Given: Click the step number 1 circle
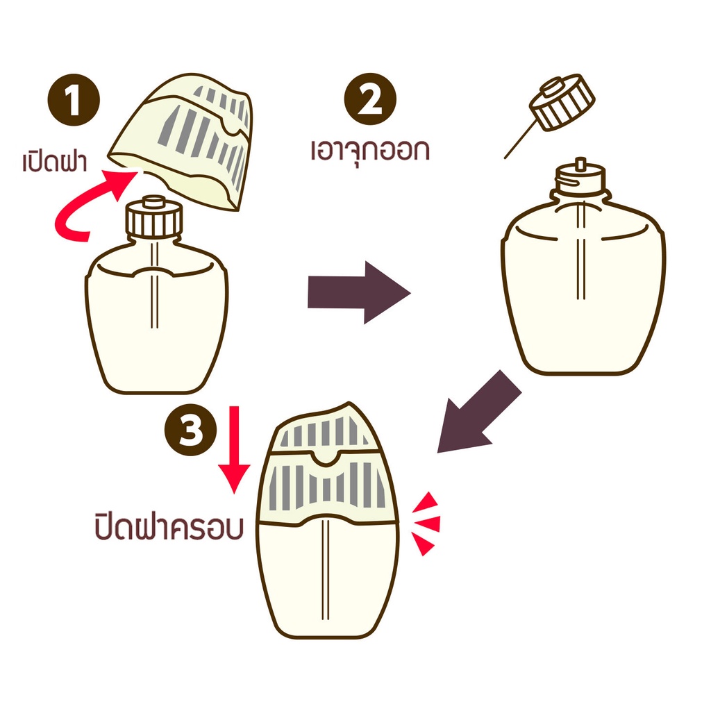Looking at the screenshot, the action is pyautogui.click(x=74, y=100).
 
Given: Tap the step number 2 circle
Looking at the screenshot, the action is pyautogui.click(x=370, y=99).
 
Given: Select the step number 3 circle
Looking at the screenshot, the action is pyautogui.click(x=190, y=429).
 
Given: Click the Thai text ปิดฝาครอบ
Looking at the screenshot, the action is pyautogui.click(x=169, y=527).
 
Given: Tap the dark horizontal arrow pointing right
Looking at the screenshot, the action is pyautogui.click(x=359, y=292).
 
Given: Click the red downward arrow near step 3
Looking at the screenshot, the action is pyautogui.click(x=234, y=449).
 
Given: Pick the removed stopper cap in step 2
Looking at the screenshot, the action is pyautogui.click(x=562, y=103).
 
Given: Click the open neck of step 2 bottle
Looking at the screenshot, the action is pyautogui.click(x=581, y=178).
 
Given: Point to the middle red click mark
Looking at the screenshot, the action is pyautogui.click(x=428, y=524).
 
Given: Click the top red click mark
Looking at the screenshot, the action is pyautogui.click(x=427, y=503).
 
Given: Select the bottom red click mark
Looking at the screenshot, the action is pyautogui.click(x=424, y=543).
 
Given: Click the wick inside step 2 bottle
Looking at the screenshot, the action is pyautogui.click(x=581, y=251).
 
